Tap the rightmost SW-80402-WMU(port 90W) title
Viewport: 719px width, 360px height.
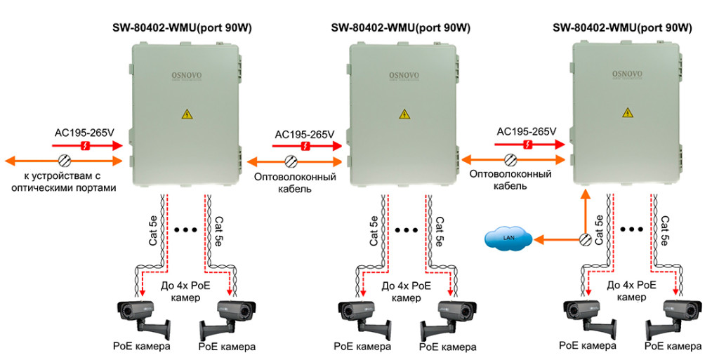click(x=622, y=28)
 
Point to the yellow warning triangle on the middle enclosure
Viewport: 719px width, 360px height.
click(x=404, y=113)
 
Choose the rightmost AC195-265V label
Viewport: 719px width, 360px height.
click(x=526, y=131)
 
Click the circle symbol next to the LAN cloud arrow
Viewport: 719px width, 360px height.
click(x=584, y=240)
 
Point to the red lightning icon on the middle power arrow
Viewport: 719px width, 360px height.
click(x=305, y=146)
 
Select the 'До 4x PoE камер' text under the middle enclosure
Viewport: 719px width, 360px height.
click(x=406, y=291)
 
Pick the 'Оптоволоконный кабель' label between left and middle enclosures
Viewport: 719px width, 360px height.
click(x=295, y=183)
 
